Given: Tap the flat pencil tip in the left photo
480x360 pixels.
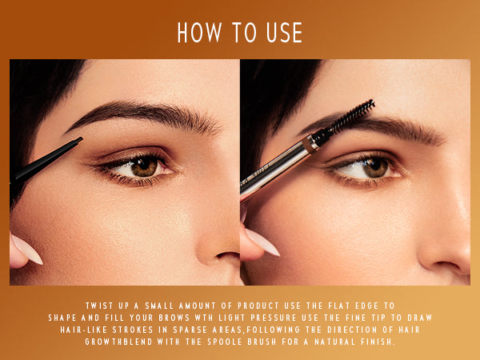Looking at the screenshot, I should coord(77,142).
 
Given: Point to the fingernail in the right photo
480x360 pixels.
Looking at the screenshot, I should coord(262,242).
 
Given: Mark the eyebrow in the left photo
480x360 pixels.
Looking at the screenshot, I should coord(144,114).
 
